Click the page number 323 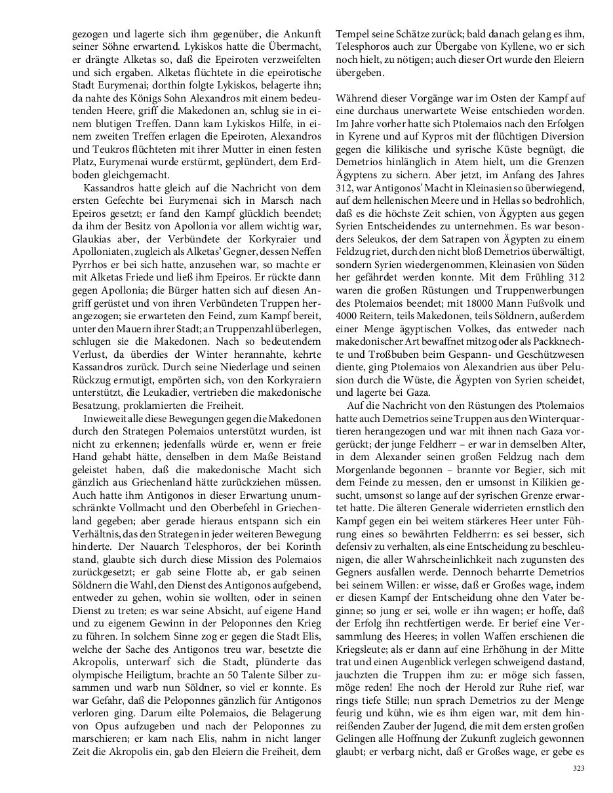pyautogui.click(x=578, y=768)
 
